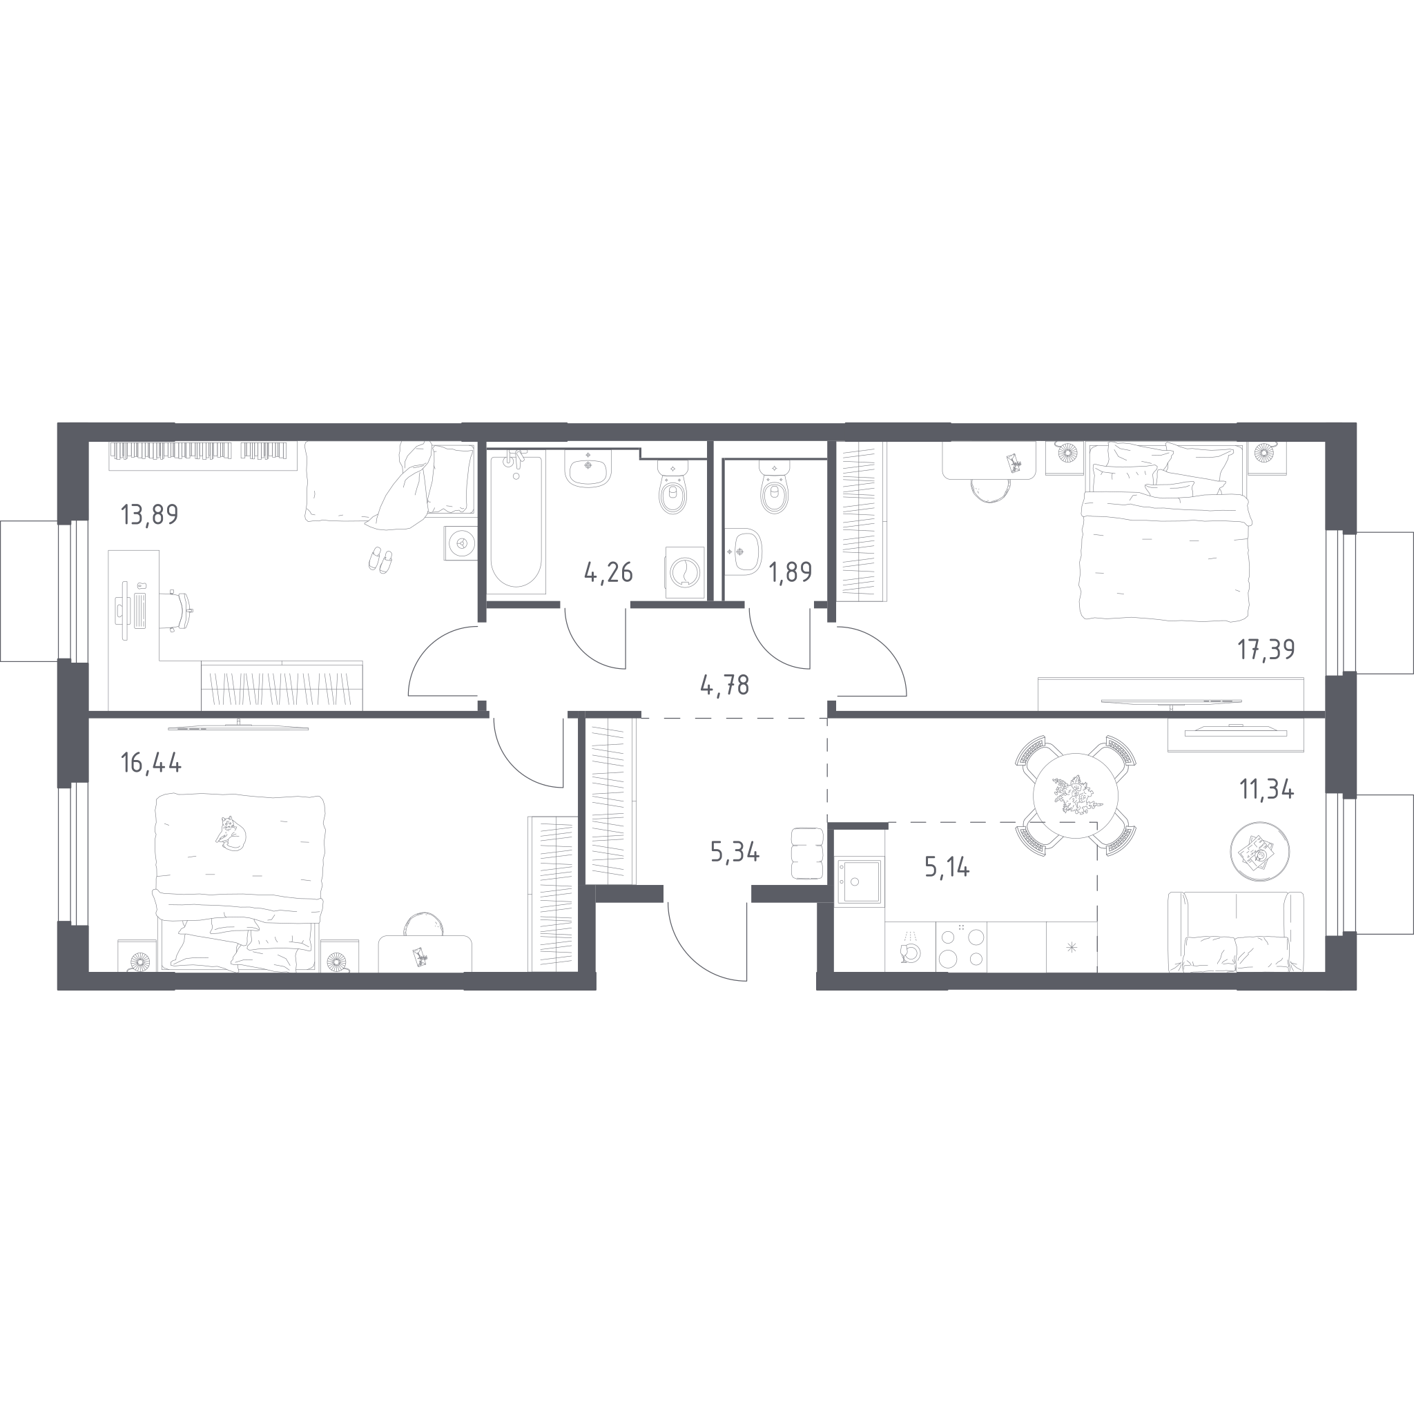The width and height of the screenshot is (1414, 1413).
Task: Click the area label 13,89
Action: pos(149,515)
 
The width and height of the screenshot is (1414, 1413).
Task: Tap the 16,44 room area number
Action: pos(151,764)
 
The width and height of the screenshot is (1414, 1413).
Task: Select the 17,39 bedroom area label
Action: pos(1266,649)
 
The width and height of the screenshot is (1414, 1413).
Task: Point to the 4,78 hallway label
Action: pos(724,685)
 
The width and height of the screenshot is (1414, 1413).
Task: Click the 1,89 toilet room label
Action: pos(790,572)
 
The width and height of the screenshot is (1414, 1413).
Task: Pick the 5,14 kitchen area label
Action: pos(947,867)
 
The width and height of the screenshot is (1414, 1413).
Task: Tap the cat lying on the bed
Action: pos(231,832)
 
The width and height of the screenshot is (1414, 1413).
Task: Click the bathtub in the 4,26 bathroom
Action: pos(516,523)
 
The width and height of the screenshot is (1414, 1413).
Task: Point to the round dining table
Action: pos(1075,795)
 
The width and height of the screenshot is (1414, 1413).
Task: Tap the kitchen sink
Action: pos(859,881)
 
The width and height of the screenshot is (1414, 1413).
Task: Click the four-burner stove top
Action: pos(961,947)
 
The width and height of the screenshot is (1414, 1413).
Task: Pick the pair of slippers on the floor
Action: pos(380,559)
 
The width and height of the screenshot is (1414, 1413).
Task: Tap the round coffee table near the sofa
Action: pos(1259,851)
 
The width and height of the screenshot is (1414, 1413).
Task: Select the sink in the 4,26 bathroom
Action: pos(588,468)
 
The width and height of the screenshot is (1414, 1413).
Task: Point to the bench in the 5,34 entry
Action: pos(808,853)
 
